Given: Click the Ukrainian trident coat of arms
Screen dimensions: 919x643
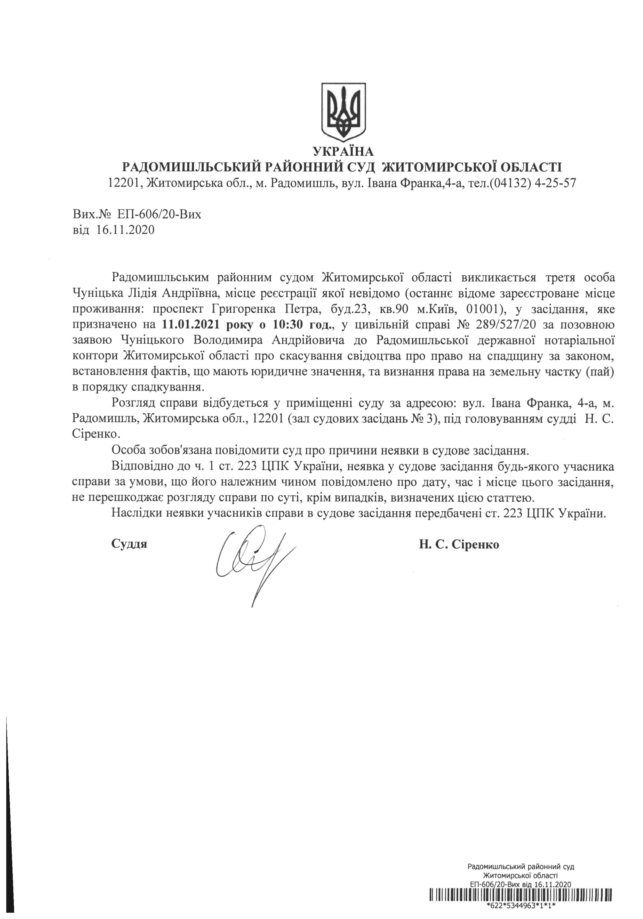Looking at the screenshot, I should click(344, 111).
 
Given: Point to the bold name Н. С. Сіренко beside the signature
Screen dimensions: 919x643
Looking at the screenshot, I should click(459, 544).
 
